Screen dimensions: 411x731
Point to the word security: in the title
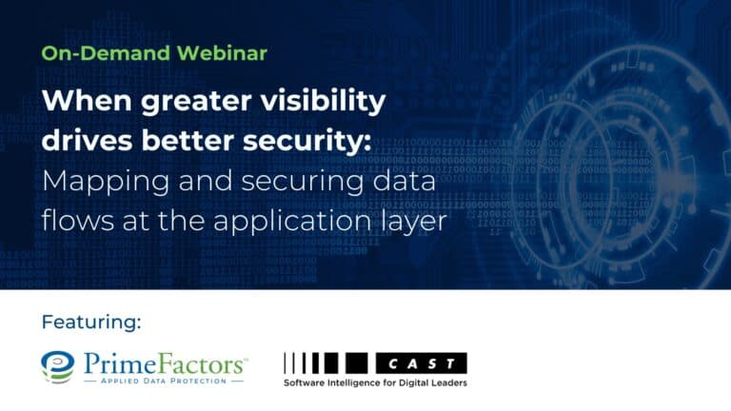[x=308, y=141]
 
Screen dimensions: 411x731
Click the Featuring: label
[x=90, y=322]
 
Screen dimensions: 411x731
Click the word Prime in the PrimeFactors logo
[x=118, y=362]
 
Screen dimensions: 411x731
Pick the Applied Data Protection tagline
[x=161, y=382]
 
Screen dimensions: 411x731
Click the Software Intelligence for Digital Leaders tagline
[x=375, y=382]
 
